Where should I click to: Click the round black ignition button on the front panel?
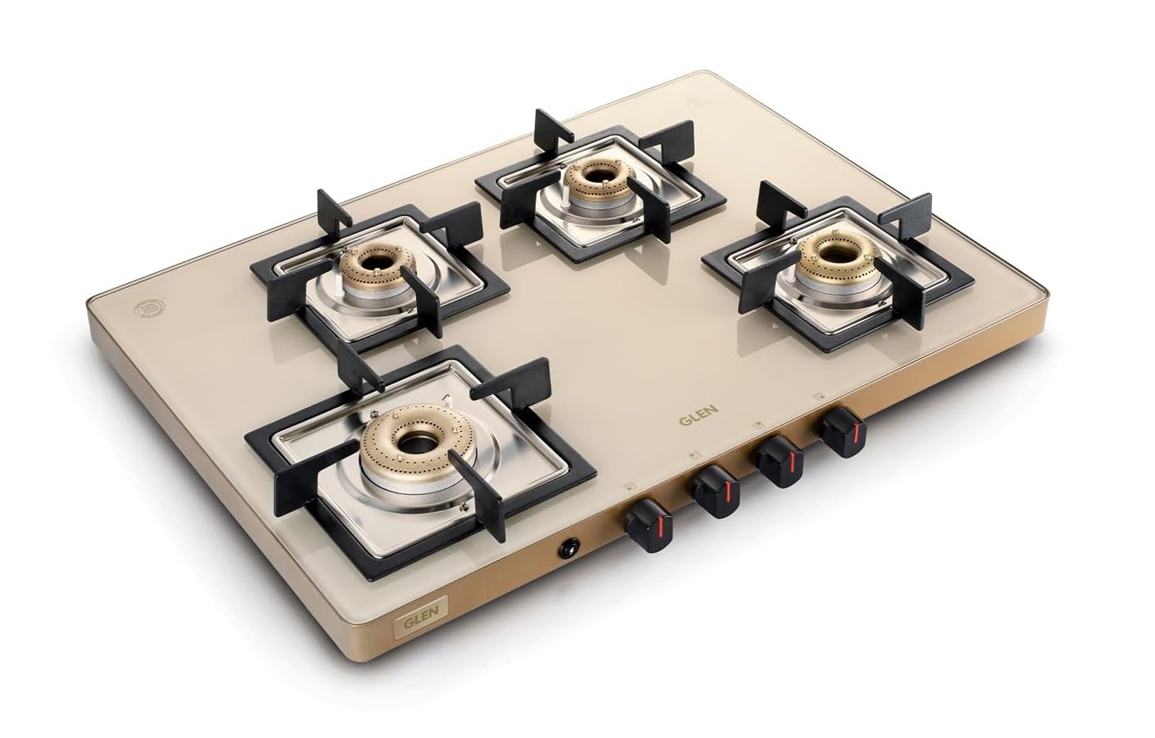pos(570,547)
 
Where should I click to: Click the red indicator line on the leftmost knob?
pos(657,531)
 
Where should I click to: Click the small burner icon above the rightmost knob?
pos(820,396)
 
